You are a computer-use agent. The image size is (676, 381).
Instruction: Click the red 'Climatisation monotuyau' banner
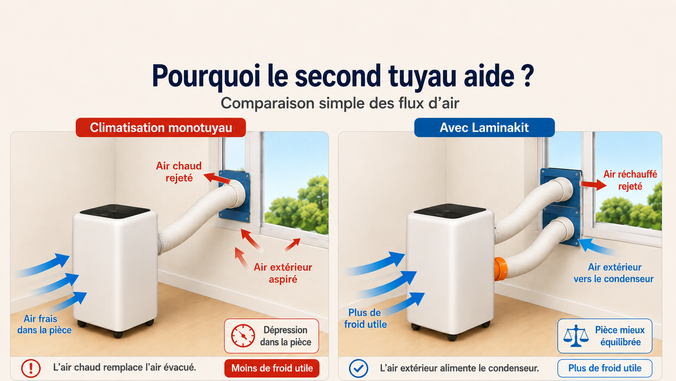click(x=161, y=128)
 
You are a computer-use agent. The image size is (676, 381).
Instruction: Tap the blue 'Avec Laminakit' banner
click(x=484, y=128)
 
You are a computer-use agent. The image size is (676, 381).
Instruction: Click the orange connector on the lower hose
click(x=501, y=269)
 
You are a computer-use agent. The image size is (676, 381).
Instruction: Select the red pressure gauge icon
click(x=243, y=336)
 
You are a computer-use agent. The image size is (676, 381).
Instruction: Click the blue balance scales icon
click(x=576, y=336)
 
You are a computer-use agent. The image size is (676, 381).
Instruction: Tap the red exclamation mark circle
click(x=31, y=368)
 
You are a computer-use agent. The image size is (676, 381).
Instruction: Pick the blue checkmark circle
click(x=359, y=368)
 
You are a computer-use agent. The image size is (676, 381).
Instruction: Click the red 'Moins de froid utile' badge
click(x=272, y=368)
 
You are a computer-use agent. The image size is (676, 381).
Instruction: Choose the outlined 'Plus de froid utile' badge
click(x=605, y=368)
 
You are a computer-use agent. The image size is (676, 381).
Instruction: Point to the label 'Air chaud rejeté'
click(x=179, y=172)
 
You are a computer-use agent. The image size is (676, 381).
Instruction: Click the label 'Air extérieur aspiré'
click(x=283, y=273)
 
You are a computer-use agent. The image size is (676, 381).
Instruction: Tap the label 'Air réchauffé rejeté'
click(x=630, y=180)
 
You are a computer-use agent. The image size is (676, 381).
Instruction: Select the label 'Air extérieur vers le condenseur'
click(x=614, y=273)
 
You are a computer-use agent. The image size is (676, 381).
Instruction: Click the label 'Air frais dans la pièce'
click(x=44, y=324)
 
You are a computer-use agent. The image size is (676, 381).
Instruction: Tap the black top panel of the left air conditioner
click(x=115, y=211)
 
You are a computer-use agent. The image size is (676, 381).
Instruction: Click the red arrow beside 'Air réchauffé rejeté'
click(x=594, y=184)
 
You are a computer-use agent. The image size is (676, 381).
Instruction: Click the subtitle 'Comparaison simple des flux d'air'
click(x=340, y=103)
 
